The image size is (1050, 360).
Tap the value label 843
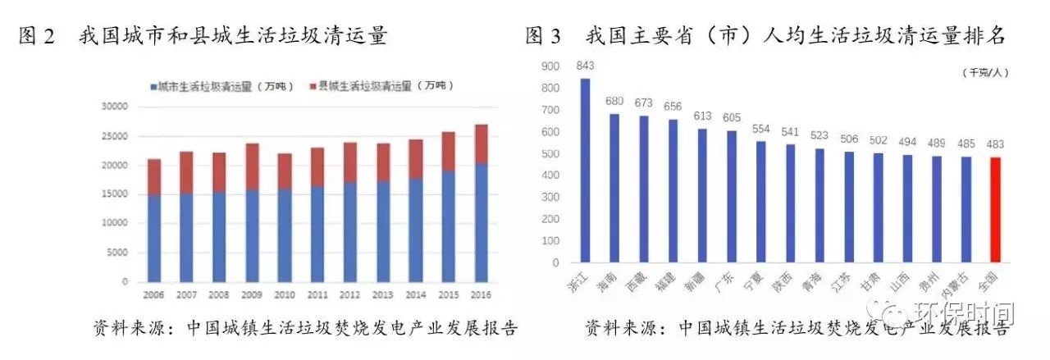coord(586,66)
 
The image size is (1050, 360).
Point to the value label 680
coord(614,101)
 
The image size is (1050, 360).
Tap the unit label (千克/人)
coord(986,73)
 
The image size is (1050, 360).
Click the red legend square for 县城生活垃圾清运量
coord(313,86)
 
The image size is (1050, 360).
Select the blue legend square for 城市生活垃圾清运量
coord(153,86)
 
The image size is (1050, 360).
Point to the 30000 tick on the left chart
coord(113,107)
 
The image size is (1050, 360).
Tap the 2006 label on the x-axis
coord(153,294)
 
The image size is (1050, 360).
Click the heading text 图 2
coord(37,36)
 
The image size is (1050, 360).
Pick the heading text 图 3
coord(544,36)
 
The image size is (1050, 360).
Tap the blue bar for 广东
coord(732,197)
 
